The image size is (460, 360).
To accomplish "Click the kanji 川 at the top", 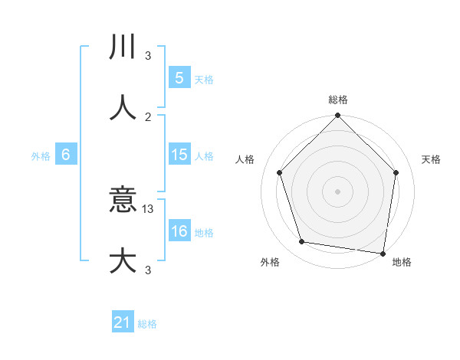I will (x=123, y=47).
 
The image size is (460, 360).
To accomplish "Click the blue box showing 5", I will (x=179, y=78).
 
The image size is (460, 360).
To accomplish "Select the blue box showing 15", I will (x=179, y=155).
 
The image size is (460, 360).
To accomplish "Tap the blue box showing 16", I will (x=179, y=232).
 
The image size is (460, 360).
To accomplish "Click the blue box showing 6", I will (x=65, y=155).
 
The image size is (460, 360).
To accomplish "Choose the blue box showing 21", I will (x=123, y=323).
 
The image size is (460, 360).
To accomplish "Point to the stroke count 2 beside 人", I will (x=149, y=116).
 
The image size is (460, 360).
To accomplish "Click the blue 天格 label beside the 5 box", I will (x=204, y=79).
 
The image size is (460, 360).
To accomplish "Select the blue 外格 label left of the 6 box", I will (x=41, y=155).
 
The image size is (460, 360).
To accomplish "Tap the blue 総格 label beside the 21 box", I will (x=147, y=324).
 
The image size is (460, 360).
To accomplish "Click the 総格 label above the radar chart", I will (x=337, y=100).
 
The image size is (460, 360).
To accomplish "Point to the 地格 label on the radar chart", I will (x=402, y=262).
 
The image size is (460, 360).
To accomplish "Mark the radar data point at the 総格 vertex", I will (x=337, y=116).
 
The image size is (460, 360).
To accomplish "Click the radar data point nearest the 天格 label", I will (x=396, y=172).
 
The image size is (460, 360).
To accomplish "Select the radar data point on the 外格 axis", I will (x=302, y=242).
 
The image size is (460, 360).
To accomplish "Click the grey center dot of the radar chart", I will (x=337, y=191).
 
